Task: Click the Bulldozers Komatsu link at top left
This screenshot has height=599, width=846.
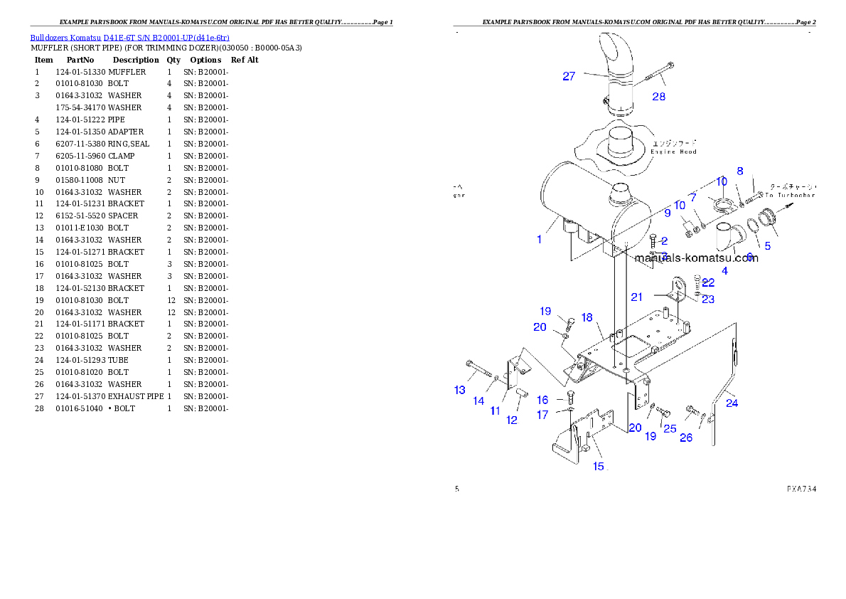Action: pyautogui.click(x=129, y=37)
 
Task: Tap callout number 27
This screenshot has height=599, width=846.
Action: pyautogui.click(x=569, y=76)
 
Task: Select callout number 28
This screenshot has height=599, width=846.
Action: pyautogui.click(x=659, y=97)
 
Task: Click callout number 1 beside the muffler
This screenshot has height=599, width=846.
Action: pyautogui.click(x=540, y=239)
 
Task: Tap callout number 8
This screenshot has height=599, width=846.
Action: pyautogui.click(x=740, y=171)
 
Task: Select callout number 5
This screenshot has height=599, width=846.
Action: pyautogui.click(x=767, y=246)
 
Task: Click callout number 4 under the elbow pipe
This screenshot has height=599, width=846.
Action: pyautogui.click(x=724, y=270)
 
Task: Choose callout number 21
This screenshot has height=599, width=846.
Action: pyautogui.click(x=637, y=297)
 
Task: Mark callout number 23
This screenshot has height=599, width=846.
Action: pyautogui.click(x=708, y=299)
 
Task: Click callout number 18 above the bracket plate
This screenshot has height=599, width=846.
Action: pyautogui.click(x=587, y=317)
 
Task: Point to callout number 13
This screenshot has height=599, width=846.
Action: pyautogui.click(x=460, y=389)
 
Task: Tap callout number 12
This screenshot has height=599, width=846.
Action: pyautogui.click(x=512, y=420)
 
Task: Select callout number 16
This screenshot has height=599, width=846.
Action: pyautogui.click(x=542, y=400)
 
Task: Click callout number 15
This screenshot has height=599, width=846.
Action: pyautogui.click(x=599, y=466)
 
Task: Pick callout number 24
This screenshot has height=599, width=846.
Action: pyautogui.click(x=732, y=403)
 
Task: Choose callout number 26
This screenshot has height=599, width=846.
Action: pyautogui.click(x=686, y=438)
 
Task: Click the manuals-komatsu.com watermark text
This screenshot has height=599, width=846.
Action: pyautogui.click(x=696, y=258)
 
